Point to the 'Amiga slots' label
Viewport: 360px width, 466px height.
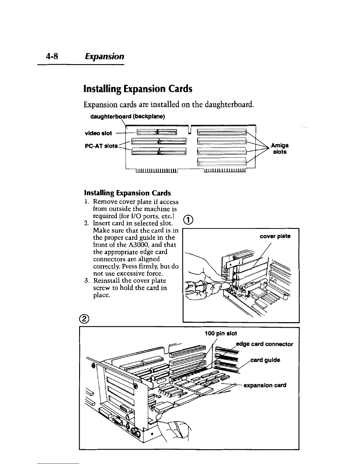[x=279, y=149]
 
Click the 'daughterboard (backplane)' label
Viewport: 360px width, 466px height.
[x=128, y=116]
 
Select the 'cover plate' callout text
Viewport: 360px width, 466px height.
[x=275, y=236]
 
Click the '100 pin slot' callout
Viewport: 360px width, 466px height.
[x=221, y=333]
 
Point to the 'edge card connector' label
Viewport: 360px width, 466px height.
[x=265, y=344]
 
